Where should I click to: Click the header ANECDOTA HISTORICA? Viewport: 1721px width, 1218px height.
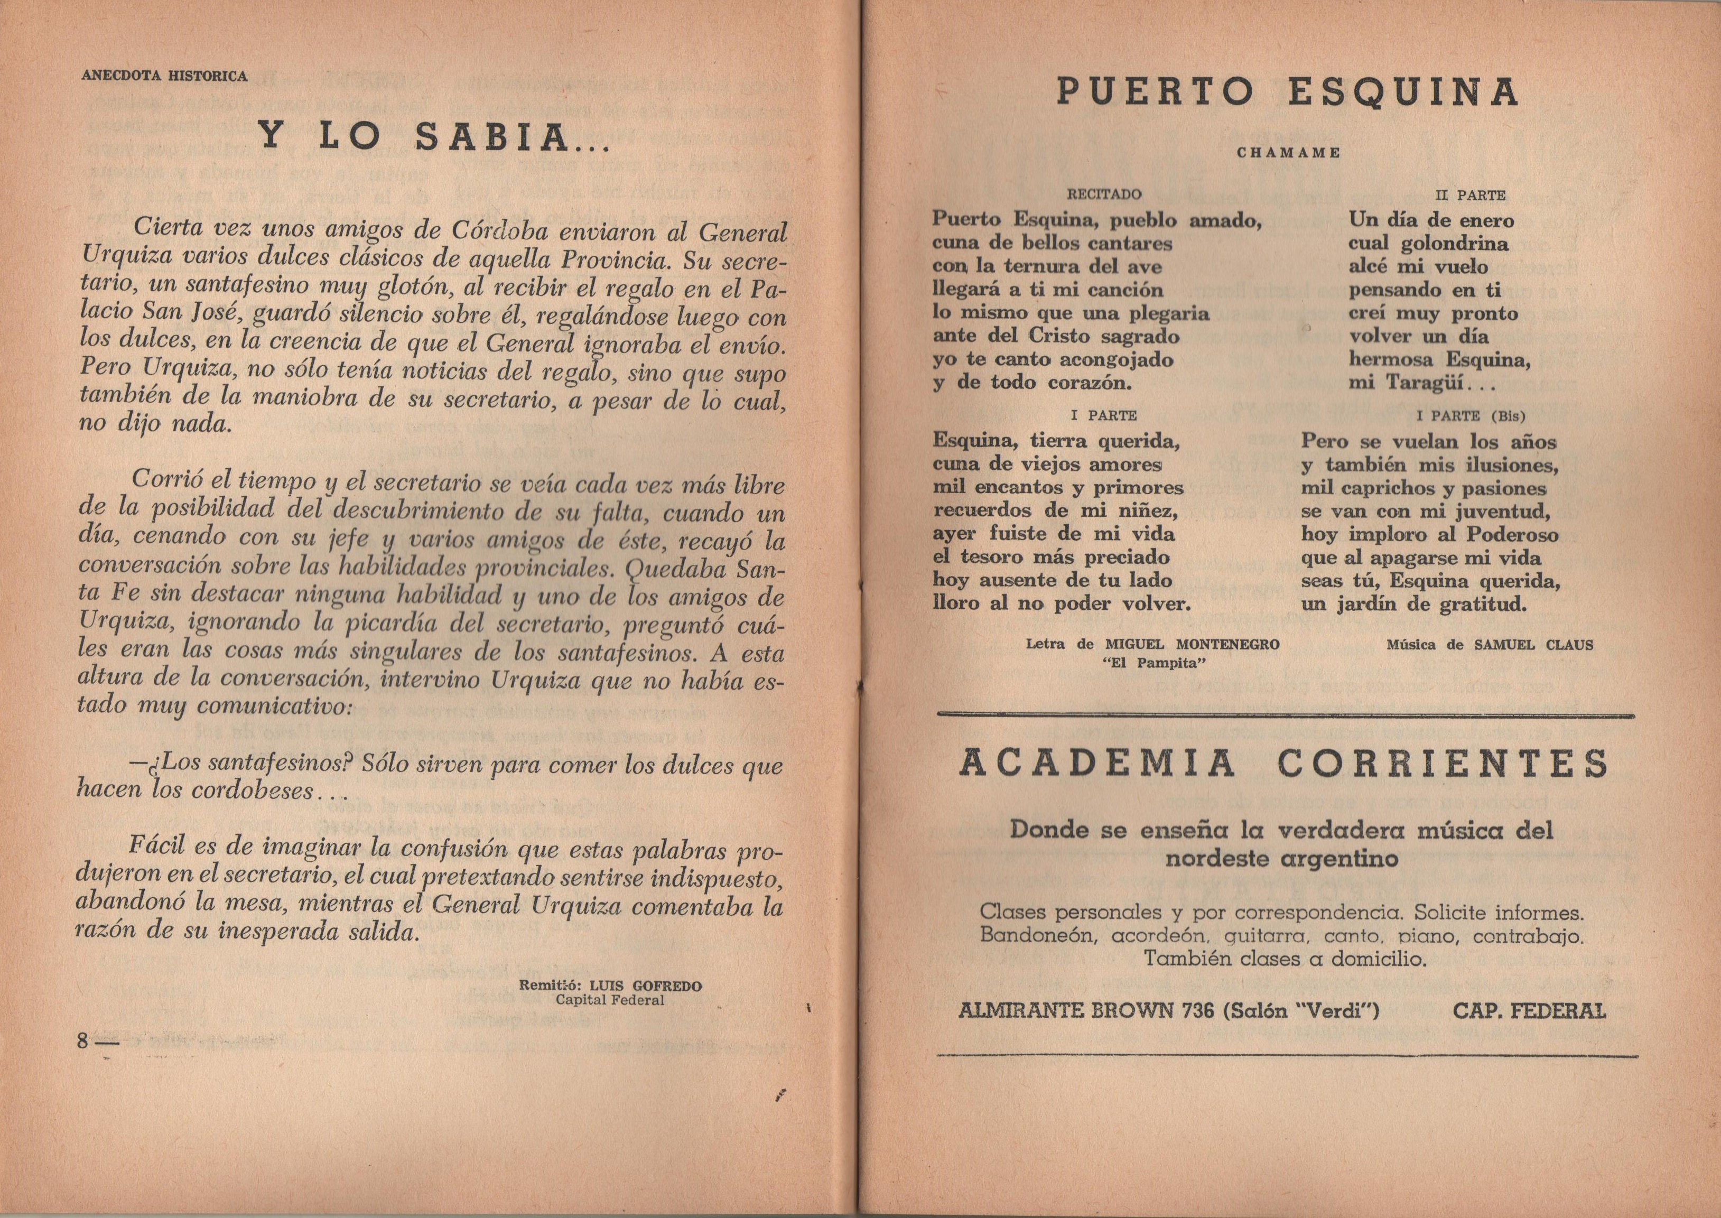164,76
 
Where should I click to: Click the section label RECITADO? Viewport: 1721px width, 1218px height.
1104,194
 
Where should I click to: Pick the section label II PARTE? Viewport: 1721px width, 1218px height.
1470,195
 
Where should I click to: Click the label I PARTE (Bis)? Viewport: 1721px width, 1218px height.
1471,415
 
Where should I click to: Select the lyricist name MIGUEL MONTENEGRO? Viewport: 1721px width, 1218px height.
1192,644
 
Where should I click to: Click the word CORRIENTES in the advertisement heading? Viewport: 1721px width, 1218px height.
1442,764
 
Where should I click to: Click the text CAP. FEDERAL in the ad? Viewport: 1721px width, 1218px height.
1529,1011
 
